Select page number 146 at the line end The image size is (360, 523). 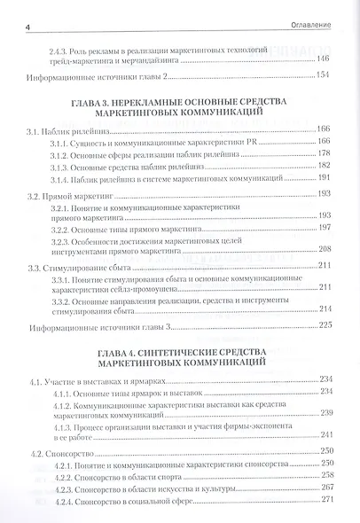323,59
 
